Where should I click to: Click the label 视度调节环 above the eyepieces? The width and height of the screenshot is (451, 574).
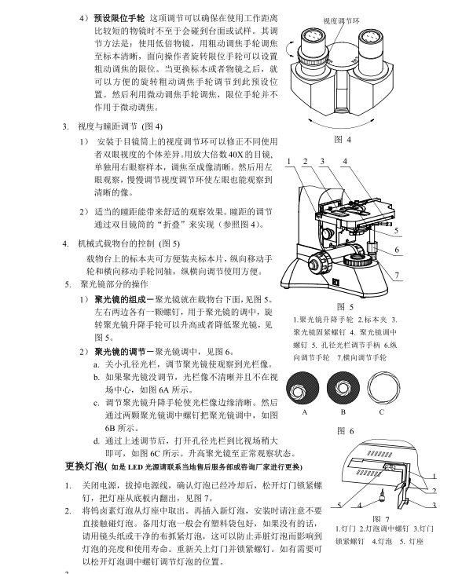[343, 18]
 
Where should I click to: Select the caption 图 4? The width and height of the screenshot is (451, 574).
[343, 140]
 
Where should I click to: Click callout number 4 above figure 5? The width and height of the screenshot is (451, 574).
[345, 162]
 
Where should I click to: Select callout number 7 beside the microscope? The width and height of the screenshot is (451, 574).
[398, 274]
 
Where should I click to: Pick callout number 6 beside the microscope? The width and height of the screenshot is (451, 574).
[398, 250]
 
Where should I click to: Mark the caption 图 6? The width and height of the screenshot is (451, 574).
[343, 431]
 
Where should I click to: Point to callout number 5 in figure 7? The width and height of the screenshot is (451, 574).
[339, 504]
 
